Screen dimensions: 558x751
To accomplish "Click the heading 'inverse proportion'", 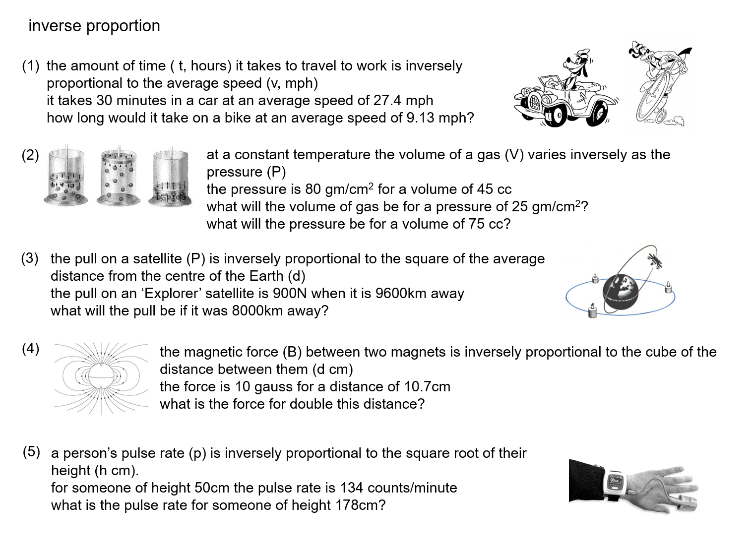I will pos(94,26).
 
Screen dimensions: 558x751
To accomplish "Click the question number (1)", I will pos(30,66).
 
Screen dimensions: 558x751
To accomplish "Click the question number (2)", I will pos(30,155).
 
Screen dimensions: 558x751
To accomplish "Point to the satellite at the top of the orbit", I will pos(656,260).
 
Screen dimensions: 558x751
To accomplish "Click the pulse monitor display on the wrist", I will pos(615,480).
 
